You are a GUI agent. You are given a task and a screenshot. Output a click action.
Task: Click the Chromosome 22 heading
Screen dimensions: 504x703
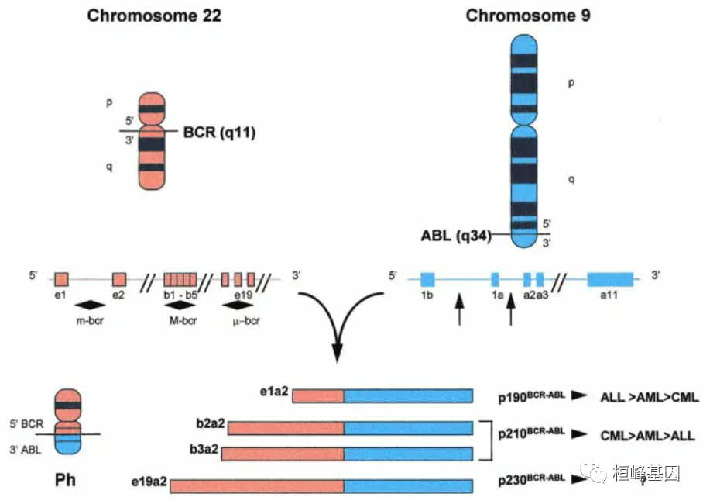(x=154, y=16)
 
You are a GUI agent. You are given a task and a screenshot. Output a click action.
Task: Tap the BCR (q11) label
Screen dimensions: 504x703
(x=219, y=133)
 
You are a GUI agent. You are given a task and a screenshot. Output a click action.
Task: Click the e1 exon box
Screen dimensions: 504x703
(x=62, y=279)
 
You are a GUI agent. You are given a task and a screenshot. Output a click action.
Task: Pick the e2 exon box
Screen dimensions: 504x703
(x=119, y=279)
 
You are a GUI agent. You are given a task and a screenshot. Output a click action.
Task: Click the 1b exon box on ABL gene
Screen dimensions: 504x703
(x=427, y=279)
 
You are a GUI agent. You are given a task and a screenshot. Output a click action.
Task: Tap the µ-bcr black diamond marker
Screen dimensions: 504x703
(x=241, y=305)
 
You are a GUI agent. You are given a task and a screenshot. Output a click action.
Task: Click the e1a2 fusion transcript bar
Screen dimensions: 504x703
(x=382, y=396)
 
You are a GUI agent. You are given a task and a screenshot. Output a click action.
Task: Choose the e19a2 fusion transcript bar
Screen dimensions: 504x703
(x=321, y=486)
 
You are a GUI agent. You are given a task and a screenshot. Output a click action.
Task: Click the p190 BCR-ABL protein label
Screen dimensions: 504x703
(x=530, y=395)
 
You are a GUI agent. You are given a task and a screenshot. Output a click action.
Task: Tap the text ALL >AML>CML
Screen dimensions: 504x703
(x=649, y=397)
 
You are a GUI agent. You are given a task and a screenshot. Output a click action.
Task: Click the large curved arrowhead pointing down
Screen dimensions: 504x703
(x=339, y=353)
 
